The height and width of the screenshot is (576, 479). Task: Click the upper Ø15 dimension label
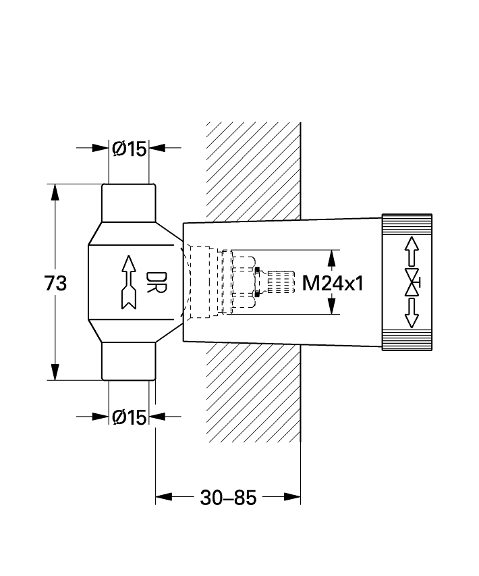[130, 149]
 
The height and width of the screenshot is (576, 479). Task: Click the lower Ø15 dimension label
[130, 417]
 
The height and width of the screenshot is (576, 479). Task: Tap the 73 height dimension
[55, 284]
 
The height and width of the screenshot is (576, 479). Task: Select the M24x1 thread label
[333, 284]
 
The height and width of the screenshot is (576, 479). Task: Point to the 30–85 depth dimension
[228, 498]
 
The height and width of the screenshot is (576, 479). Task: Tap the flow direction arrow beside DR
[128, 282]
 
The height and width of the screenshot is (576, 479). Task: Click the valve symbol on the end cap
[412, 282]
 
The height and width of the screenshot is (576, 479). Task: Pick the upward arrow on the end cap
[412, 251]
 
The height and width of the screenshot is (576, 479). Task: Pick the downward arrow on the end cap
[412, 313]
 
